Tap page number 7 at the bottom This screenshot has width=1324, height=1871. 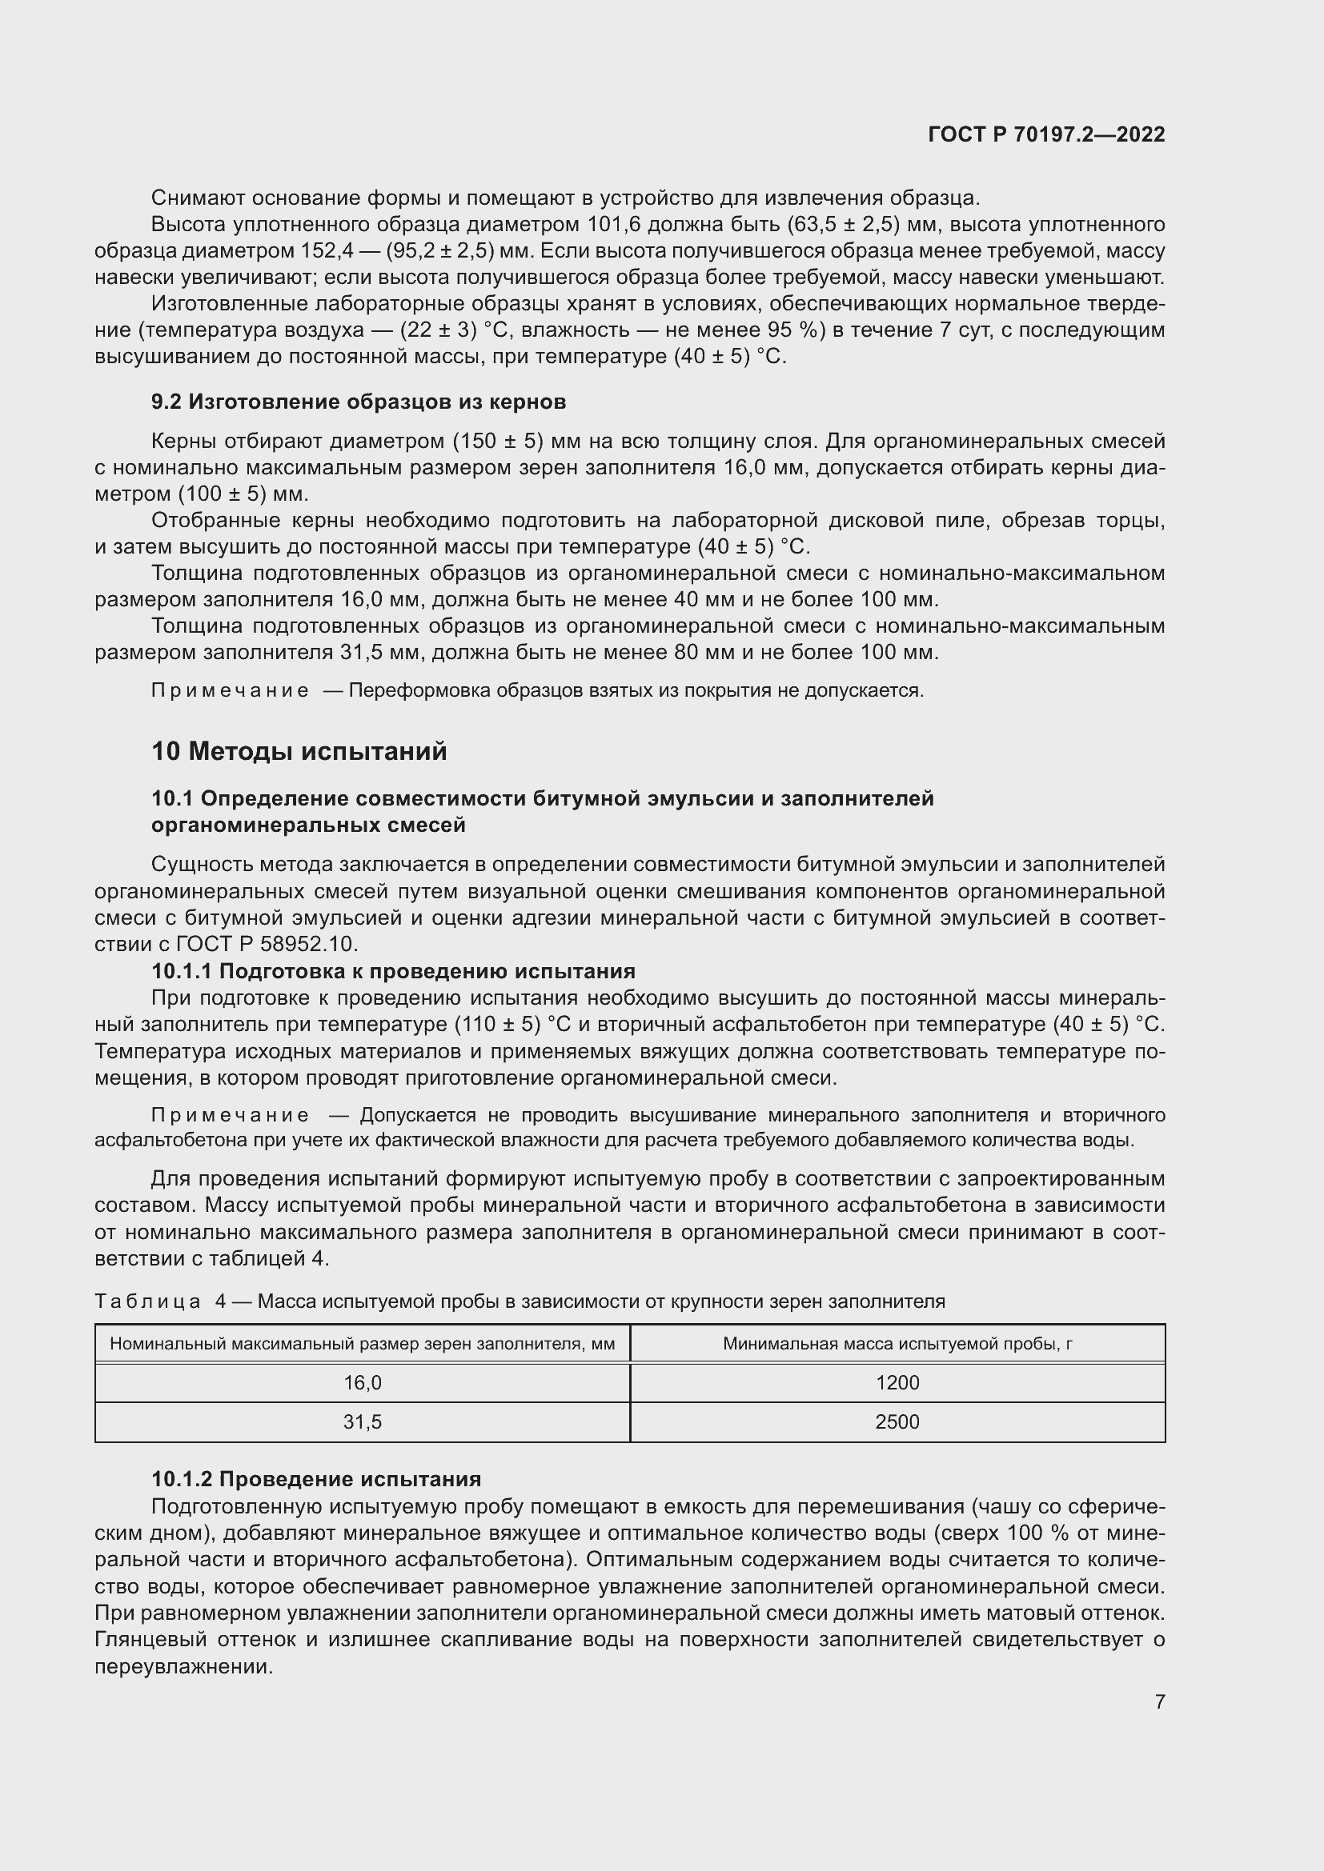point(1159,1701)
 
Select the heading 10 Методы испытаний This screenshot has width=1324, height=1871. point(299,751)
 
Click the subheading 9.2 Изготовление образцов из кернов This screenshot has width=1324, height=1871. point(359,402)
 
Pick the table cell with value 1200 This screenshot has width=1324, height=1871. point(897,1383)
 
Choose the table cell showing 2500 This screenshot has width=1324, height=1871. point(897,1422)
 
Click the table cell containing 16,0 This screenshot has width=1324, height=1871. point(362,1383)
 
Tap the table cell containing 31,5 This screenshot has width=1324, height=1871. point(362,1422)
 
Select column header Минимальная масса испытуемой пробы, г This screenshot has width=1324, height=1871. point(897,1344)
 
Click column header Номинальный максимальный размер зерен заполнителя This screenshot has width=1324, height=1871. point(362,1344)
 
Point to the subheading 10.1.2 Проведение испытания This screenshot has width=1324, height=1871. point(316,1479)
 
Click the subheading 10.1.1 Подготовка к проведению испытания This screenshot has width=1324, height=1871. point(393,971)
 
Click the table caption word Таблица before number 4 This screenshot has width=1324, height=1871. point(147,1301)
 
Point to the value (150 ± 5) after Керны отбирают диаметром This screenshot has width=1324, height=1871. point(498,442)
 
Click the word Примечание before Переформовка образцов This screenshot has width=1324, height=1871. point(230,691)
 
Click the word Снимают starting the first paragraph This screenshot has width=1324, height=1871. point(198,198)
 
